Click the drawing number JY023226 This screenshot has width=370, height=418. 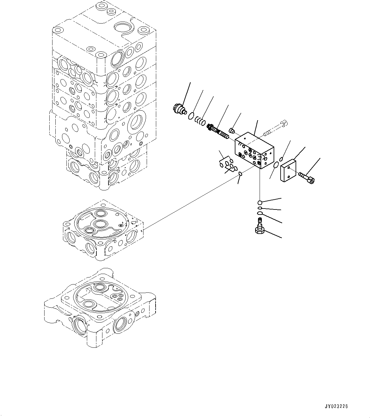click(336, 406)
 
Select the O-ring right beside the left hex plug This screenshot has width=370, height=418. click(191, 116)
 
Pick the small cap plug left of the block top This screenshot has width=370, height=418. click(232, 130)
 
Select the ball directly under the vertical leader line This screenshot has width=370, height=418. click(260, 203)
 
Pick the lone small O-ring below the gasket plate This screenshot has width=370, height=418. click(240, 174)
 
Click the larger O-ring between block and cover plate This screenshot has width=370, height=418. click(276, 165)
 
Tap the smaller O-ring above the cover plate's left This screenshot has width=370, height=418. click(281, 159)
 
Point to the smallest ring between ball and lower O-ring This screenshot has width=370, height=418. click(260, 209)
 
